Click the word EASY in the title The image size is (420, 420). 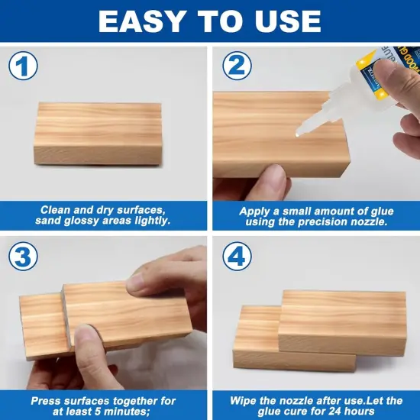[144, 21]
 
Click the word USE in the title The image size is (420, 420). [289, 21]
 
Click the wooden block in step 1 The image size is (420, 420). [99, 134]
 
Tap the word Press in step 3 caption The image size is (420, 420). [47, 400]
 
